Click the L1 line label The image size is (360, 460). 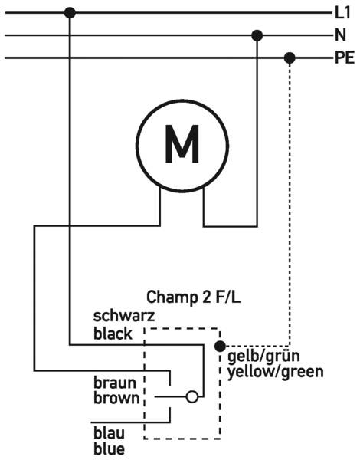tap(342, 13)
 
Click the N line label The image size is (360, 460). tap(340, 35)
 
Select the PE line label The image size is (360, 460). tap(345, 58)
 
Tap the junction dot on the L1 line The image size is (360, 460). tap(70, 13)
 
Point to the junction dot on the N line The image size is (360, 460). tap(257, 35)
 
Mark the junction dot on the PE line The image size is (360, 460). tap(290, 58)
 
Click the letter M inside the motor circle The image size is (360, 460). tap(182, 144)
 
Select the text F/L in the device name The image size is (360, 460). tap(228, 297)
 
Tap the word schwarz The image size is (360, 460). tap(124, 316)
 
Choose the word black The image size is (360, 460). tap(113, 333)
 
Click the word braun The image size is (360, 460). tap(115, 383)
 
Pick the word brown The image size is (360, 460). tap(116, 398)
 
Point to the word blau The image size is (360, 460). tap(109, 433)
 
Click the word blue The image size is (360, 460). tap(109, 449)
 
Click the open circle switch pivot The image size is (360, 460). tap(192, 397)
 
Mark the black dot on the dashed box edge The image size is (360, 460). tap(220, 347)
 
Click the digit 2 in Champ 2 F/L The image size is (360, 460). tap(206, 297)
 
